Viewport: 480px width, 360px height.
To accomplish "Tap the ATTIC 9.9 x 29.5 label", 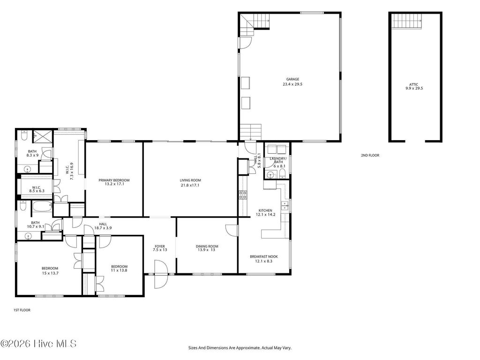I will click(x=414, y=86).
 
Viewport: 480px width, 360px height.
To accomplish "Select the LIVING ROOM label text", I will click(x=190, y=182).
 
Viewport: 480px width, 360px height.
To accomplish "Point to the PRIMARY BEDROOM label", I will click(x=114, y=182).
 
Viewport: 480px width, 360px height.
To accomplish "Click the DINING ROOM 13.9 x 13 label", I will click(x=207, y=248).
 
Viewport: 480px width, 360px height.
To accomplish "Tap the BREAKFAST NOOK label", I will click(x=263, y=258).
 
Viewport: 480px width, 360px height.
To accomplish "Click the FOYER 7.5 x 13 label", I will click(x=160, y=248).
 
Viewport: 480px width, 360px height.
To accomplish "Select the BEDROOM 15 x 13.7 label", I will click(x=50, y=270).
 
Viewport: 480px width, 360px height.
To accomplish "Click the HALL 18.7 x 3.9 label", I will click(x=103, y=226).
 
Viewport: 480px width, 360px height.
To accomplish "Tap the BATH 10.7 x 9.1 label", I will click(x=35, y=225).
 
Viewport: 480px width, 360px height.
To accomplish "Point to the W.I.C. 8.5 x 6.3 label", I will click(x=36, y=189).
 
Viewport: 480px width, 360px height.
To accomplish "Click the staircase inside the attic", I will click(x=407, y=21).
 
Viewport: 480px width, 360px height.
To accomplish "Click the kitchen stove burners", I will click(x=243, y=195).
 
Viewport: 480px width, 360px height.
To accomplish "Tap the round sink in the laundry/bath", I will click(x=270, y=175).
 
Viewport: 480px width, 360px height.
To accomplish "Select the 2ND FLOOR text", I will click(x=370, y=155).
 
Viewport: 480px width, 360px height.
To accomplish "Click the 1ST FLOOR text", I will click(x=22, y=310).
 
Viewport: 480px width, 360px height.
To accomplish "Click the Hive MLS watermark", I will click(x=38, y=344).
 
